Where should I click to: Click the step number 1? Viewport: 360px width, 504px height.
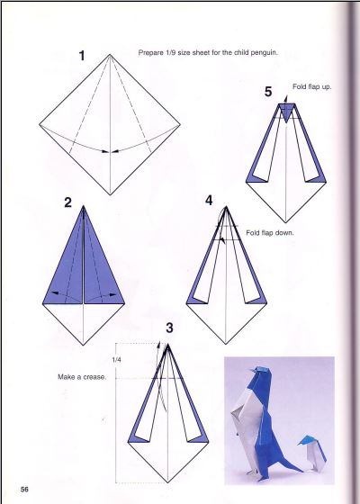(82, 56)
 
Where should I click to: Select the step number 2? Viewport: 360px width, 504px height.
(67, 202)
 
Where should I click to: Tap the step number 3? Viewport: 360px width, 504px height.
(169, 328)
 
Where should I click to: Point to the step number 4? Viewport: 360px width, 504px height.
(209, 201)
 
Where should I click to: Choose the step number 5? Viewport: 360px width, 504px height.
(268, 92)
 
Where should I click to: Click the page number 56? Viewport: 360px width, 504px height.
(24, 490)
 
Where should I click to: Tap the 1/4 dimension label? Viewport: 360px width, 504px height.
(116, 360)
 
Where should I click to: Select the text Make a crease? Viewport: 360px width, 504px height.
(82, 377)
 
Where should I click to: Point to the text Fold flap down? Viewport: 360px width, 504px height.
(270, 233)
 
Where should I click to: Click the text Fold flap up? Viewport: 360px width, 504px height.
(311, 86)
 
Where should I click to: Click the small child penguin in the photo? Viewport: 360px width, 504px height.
(312, 454)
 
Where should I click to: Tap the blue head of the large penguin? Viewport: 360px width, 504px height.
(262, 373)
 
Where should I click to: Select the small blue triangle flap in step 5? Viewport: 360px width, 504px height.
(286, 112)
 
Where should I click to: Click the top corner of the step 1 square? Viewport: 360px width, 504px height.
(110, 54)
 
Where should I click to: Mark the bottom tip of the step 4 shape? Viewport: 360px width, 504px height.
(226, 344)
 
